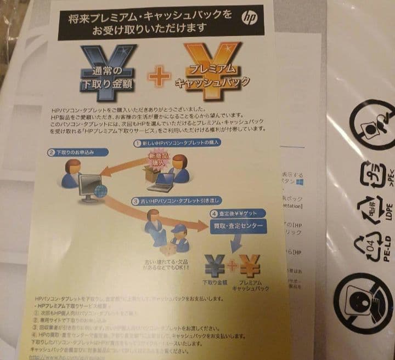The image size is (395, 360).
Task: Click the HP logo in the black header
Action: click(x=249, y=18)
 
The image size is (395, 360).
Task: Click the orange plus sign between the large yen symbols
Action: click(x=159, y=77)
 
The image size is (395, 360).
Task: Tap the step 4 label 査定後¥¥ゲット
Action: click(x=239, y=213)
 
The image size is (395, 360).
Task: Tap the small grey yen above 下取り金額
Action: click(x=215, y=266)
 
